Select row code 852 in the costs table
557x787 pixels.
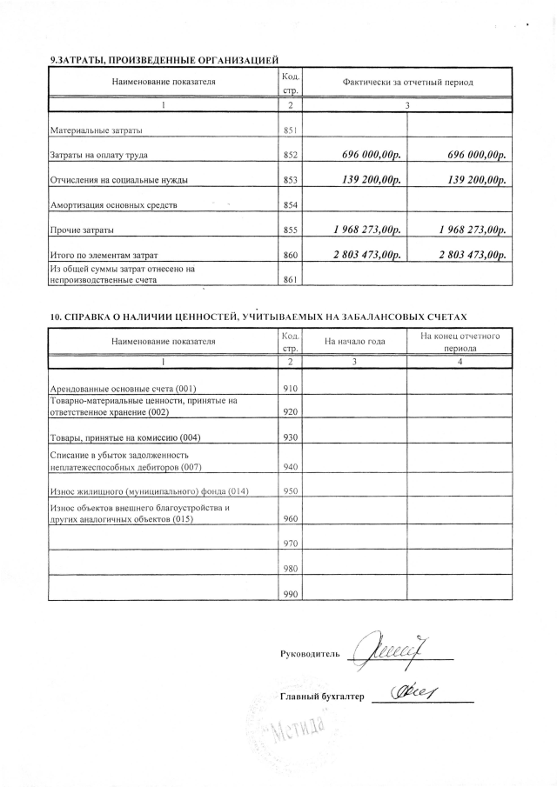click(291, 156)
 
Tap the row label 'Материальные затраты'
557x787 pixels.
click(96, 130)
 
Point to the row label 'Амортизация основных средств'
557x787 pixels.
click(114, 205)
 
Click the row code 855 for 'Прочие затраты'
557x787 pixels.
click(291, 230)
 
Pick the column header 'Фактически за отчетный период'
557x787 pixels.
click(407, 82)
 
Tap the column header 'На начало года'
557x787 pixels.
click(354, 341)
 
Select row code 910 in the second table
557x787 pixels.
click(291, 387)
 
